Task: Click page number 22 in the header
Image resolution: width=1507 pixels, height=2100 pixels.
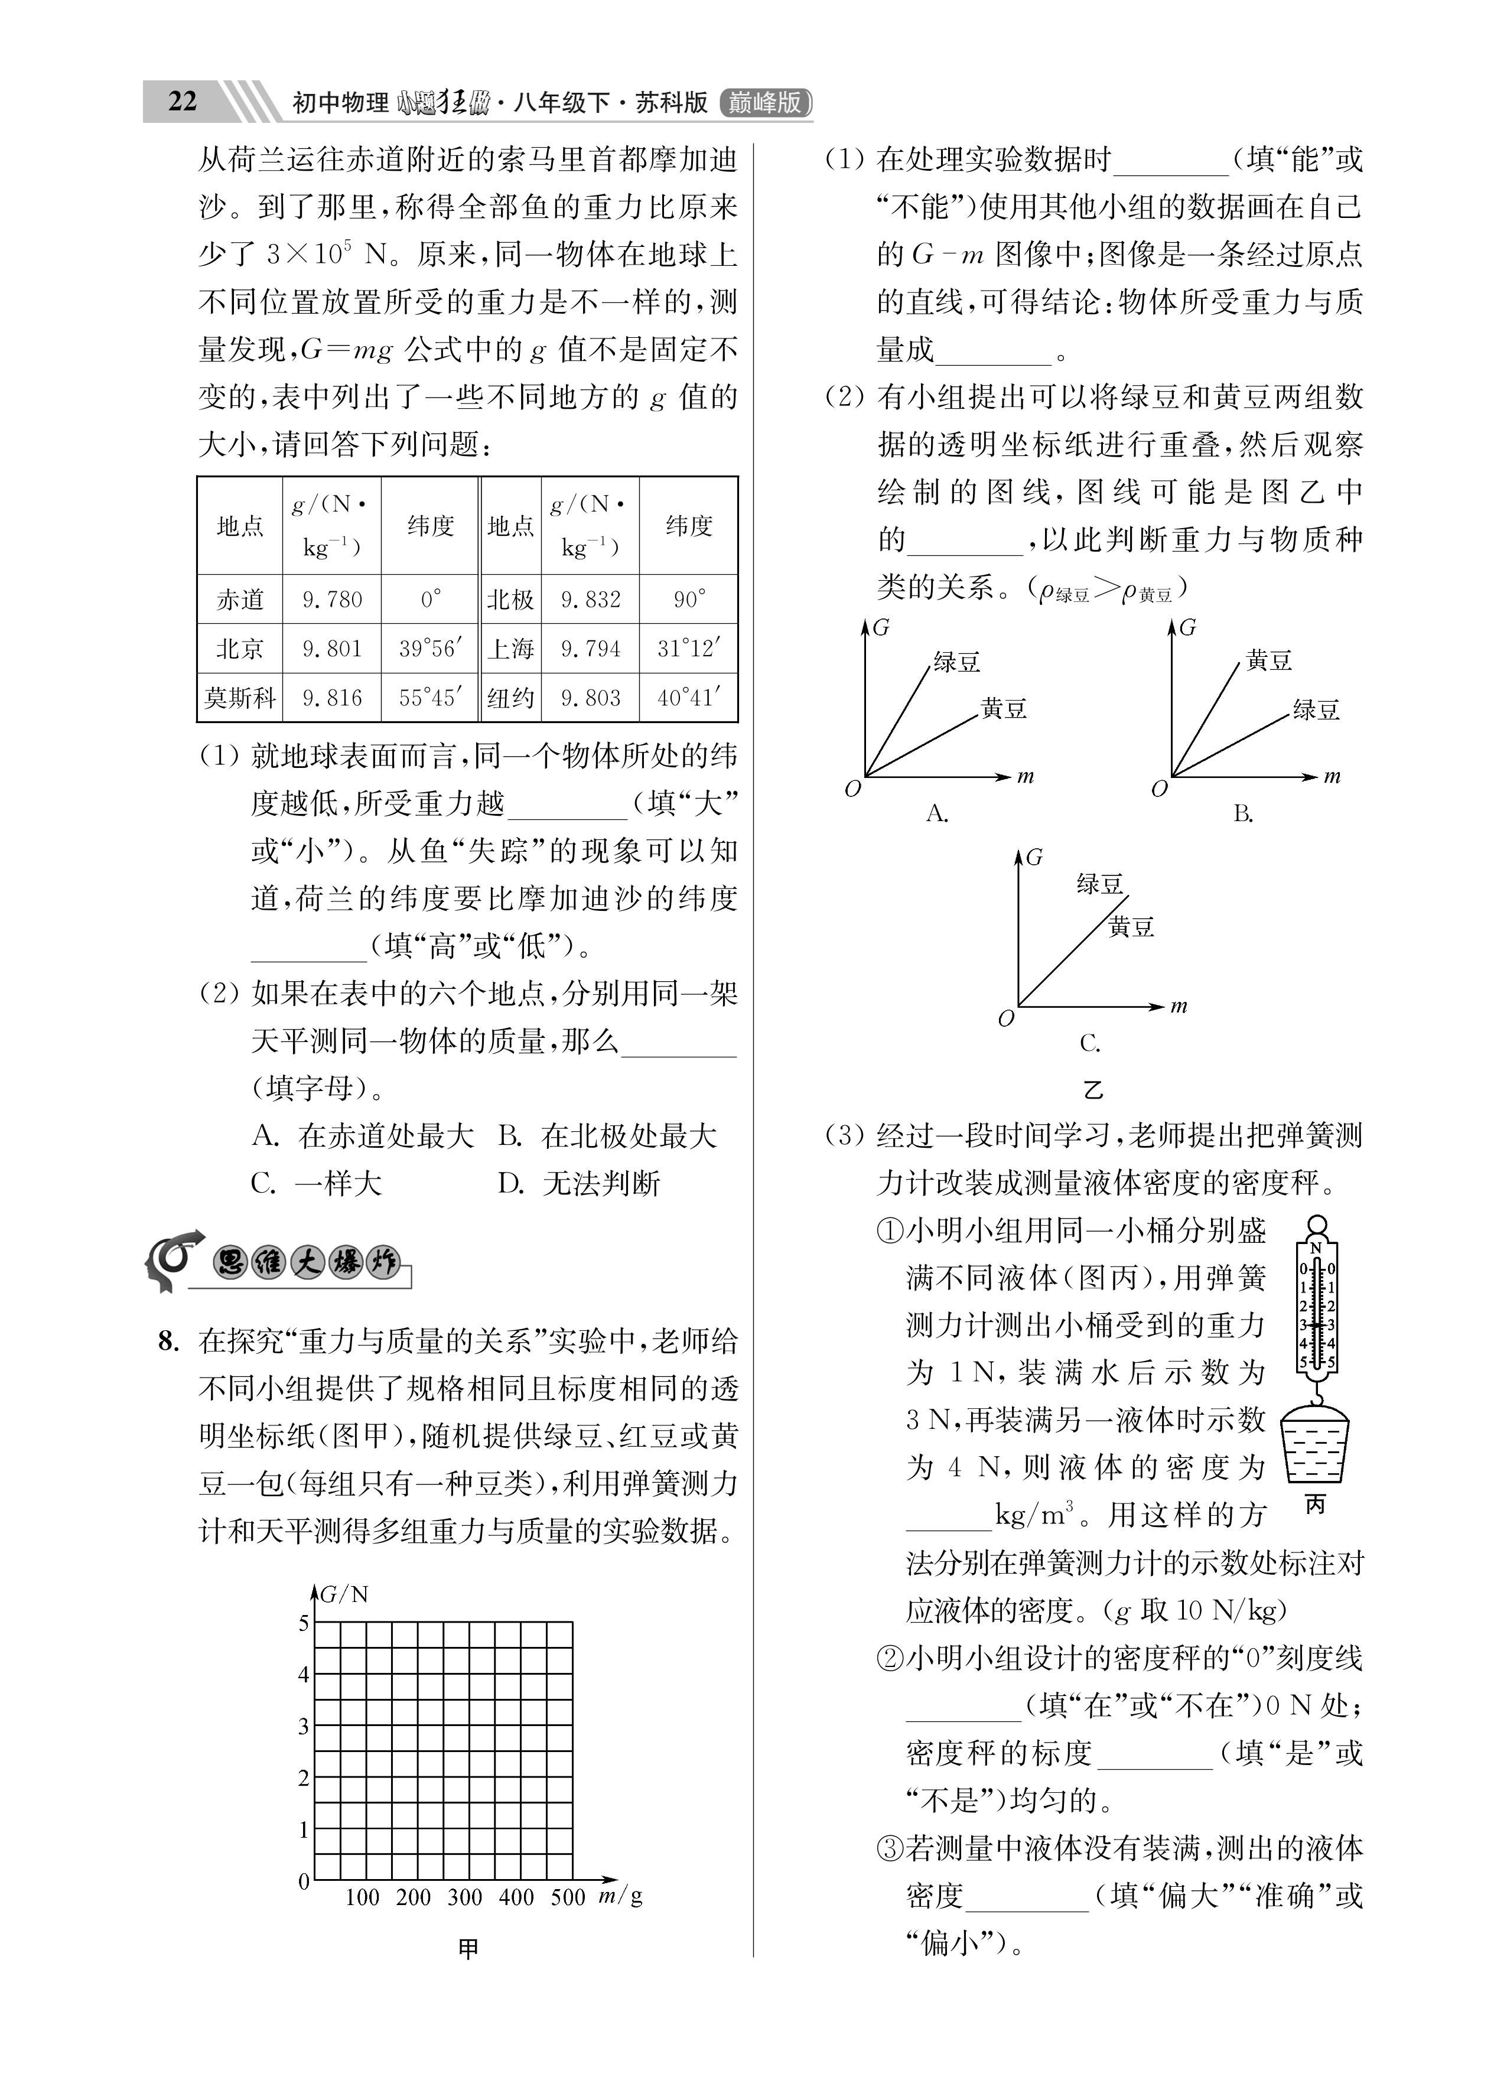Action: point(183,101)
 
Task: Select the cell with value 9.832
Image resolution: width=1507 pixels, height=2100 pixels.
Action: point(590,599)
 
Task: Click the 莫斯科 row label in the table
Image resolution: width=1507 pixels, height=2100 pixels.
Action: point(240,697)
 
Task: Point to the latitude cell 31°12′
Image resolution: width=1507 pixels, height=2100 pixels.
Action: point(688,648)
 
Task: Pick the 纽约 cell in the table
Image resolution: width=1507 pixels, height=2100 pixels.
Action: point(510,697)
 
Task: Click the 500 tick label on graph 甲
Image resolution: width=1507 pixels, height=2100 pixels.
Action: point(567,1897)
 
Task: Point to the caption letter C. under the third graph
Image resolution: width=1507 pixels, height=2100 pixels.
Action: point(1089,1044)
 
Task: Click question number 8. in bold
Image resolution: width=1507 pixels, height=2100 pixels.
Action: point(170,1341)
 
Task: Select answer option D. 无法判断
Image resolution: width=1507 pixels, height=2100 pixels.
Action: point(578,1183)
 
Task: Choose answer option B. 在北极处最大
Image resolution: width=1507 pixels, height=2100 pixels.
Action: point(607,1136)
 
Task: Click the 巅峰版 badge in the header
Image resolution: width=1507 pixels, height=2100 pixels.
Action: point(764,102)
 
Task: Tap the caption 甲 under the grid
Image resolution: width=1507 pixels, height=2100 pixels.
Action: point(468,1949)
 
